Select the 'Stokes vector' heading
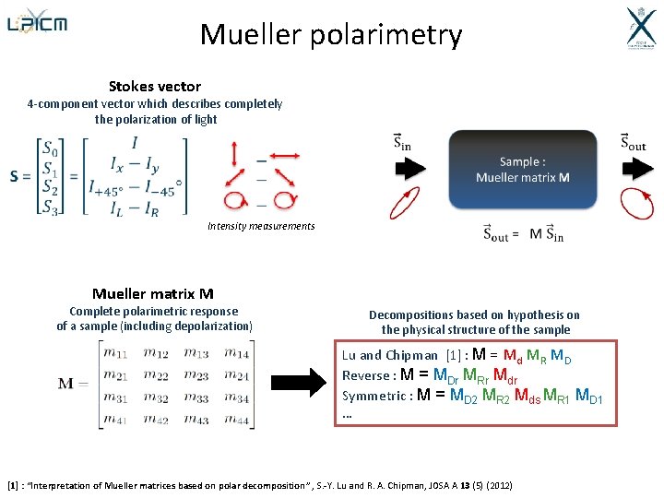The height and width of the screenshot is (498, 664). (x=154, y=87)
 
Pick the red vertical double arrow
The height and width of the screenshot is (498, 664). (x=235, y=153)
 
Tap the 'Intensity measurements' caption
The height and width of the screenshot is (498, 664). (x=261, y=226)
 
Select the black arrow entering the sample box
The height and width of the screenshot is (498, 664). (x=409, y=169)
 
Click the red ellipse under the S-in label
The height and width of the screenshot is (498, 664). (x=403, y=202)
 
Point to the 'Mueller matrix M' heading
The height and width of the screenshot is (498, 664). (x=153, y=294)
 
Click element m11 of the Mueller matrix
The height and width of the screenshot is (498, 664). (x=115, y=351)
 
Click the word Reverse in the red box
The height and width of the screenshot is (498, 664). (x=365, y=375)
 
